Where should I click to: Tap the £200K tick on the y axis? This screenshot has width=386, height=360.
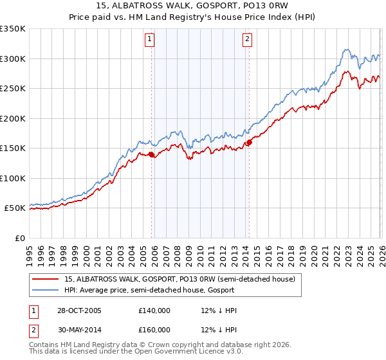(x=13, y=118)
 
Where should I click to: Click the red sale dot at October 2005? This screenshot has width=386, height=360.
(x=152, y=154)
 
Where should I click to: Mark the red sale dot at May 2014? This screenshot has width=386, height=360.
(x=249, y=142)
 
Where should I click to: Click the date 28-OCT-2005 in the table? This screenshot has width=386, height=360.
(x=78, y=310)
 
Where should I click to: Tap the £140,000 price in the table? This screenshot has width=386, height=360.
(x=154, y=310)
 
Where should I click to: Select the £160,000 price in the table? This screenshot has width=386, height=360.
(x=154, y=330)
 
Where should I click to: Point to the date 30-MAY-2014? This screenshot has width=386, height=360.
(x=78, y=330)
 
